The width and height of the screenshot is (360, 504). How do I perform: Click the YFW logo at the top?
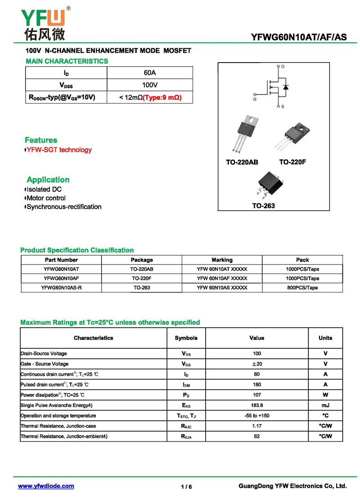(44, 22)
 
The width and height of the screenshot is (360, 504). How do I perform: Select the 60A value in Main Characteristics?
(150, 73)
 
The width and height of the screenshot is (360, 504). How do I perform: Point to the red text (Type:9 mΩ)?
(162, 97)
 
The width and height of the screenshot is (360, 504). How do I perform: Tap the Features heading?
(41, 140)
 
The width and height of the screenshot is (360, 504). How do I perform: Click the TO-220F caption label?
(292, 162)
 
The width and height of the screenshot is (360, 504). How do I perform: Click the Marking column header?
(222, 260)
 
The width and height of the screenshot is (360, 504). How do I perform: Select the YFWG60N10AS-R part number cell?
(61, 288)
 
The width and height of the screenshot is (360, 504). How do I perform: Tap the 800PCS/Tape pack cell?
(302, 288)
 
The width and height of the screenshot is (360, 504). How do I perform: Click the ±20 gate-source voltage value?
(256, 364)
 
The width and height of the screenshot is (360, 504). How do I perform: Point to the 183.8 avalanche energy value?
(256, 405)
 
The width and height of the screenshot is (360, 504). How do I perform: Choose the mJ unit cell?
(325, 405)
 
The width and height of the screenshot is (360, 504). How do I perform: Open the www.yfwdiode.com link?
(46, 486)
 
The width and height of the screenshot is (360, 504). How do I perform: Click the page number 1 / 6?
(186, 487)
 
